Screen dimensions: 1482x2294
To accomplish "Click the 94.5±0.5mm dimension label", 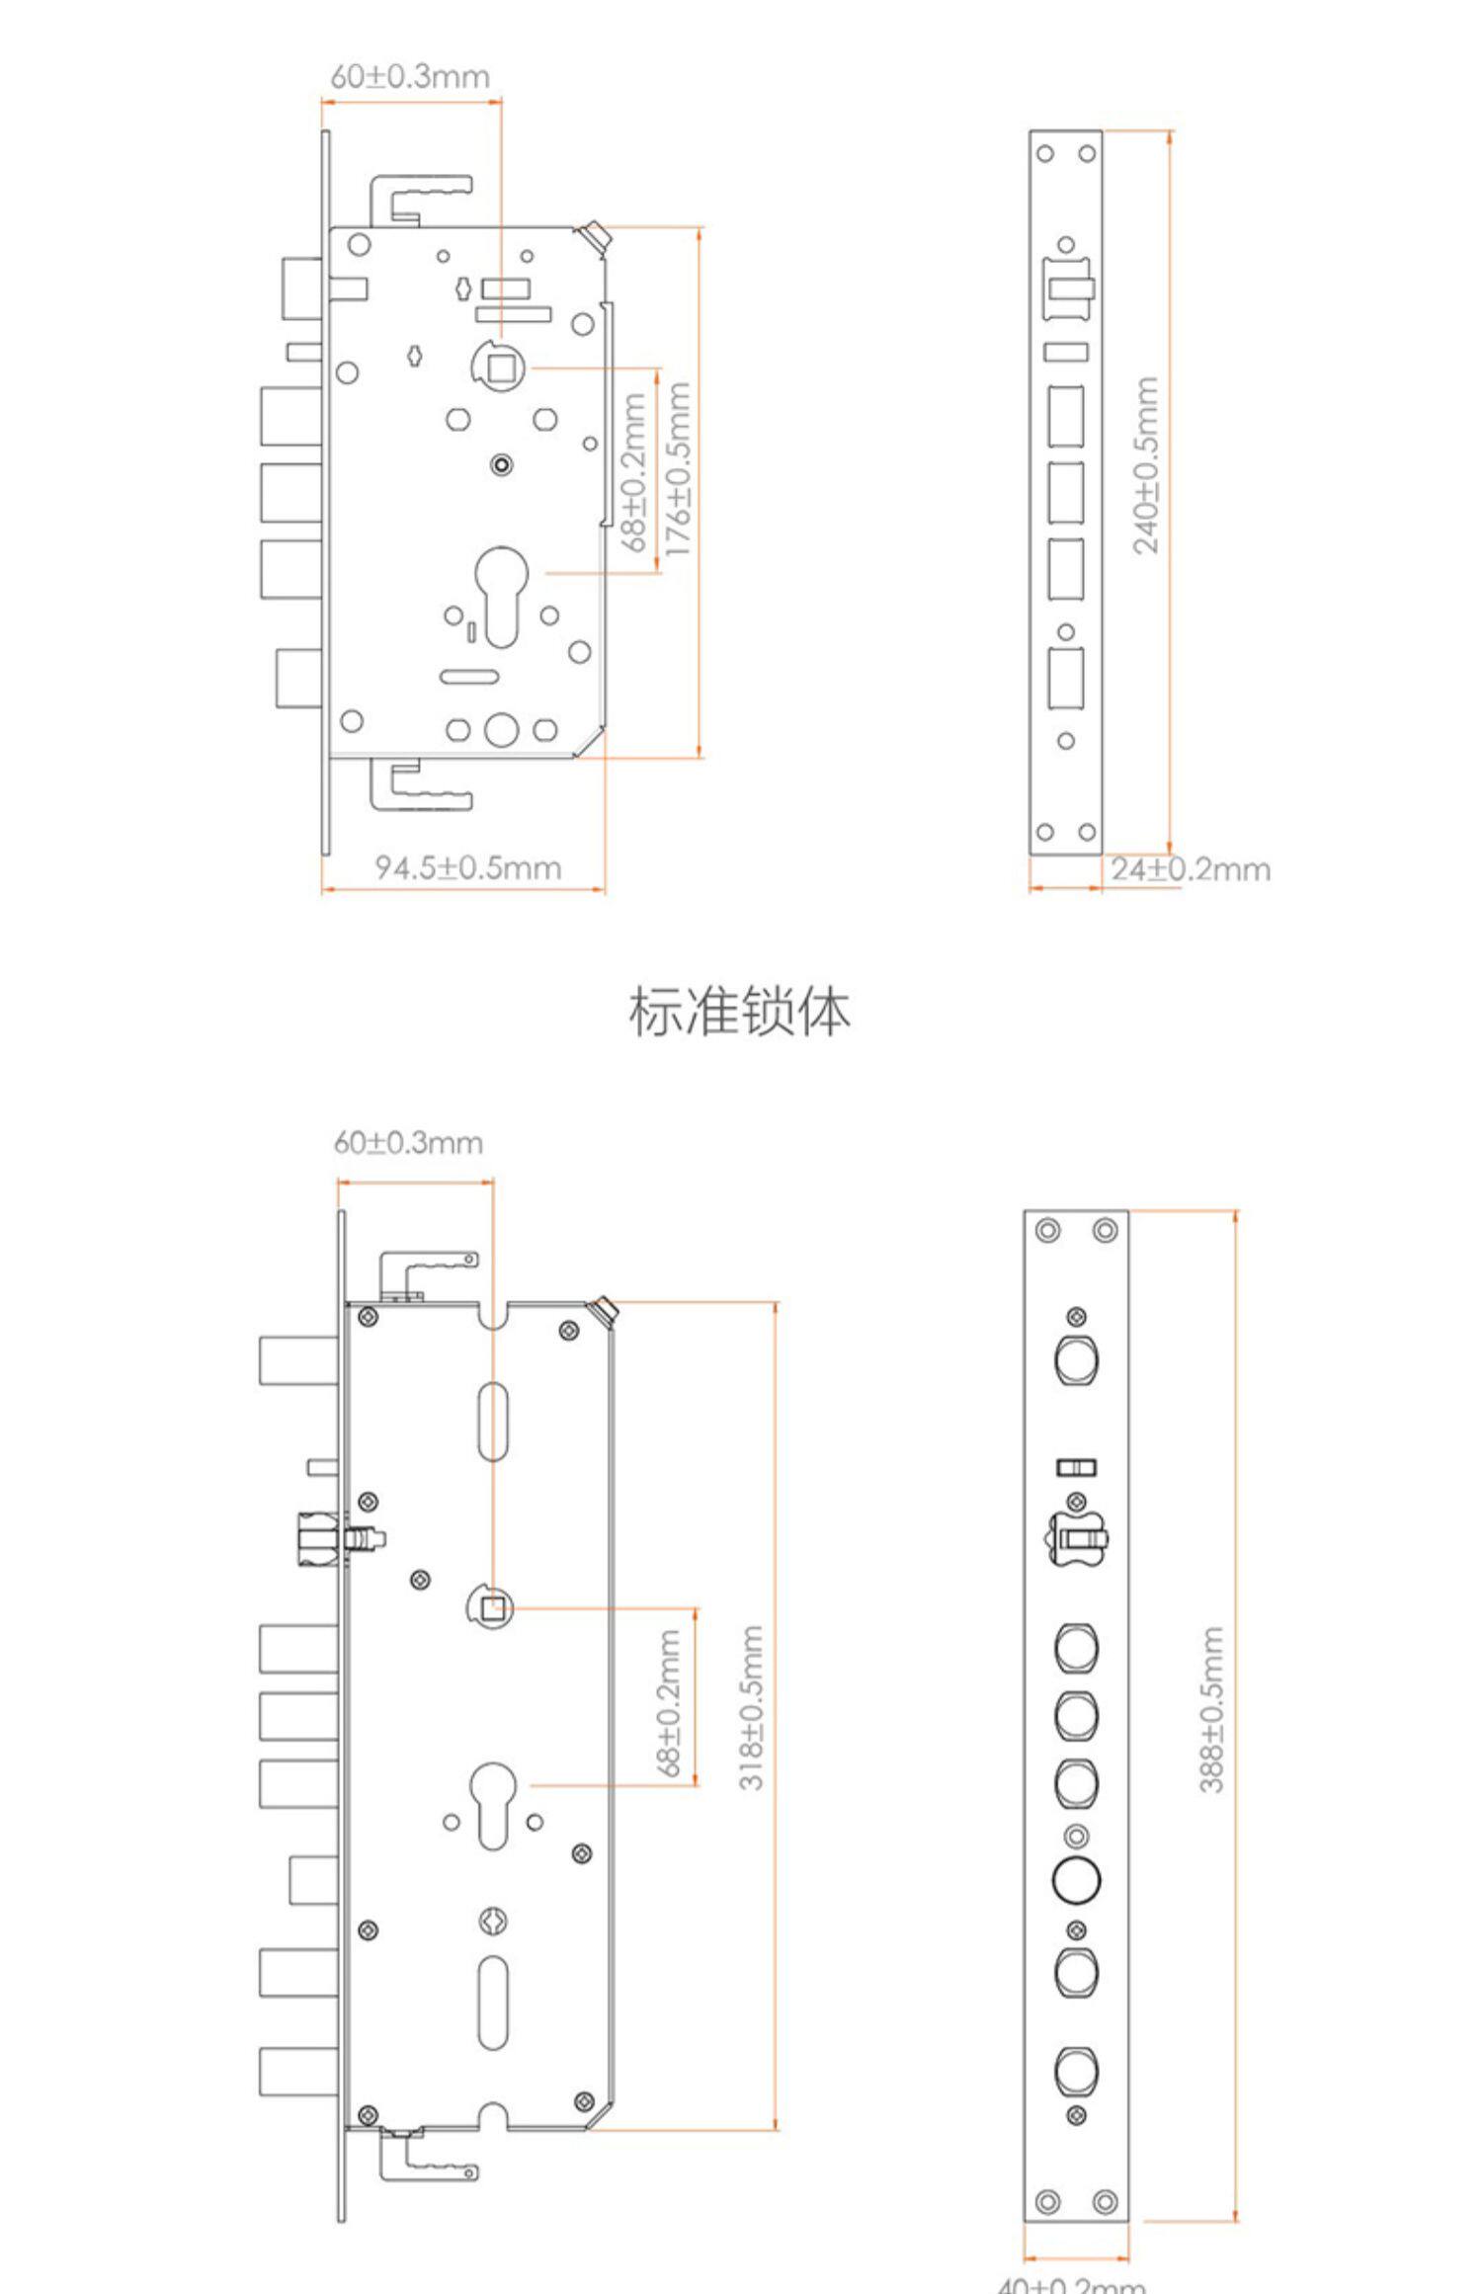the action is click(x=467, y=867).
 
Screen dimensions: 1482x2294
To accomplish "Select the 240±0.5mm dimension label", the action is click(x=1145, y=465).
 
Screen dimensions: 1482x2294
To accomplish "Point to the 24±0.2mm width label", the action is click(x=1190, y=869).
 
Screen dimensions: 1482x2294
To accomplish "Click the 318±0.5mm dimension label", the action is click(x=752, y=1708).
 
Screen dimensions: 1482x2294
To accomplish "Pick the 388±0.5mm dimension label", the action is click(x=1212, y=1709).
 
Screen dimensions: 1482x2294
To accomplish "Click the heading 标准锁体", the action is click(x=739, y=1012).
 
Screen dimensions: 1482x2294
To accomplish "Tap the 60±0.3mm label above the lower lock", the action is click(x=408, y=1143).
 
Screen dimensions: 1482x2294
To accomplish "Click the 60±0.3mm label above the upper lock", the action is click(x=409, y=76).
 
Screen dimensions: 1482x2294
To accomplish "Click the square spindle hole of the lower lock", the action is click(x=492, y=1609).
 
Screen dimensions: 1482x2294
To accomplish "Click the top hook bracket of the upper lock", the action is click(x=420, y=197).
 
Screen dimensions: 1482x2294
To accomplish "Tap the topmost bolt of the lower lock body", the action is click(x=298, y=1360).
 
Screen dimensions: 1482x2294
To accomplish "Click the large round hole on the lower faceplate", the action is click(x=1076, y=1878).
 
